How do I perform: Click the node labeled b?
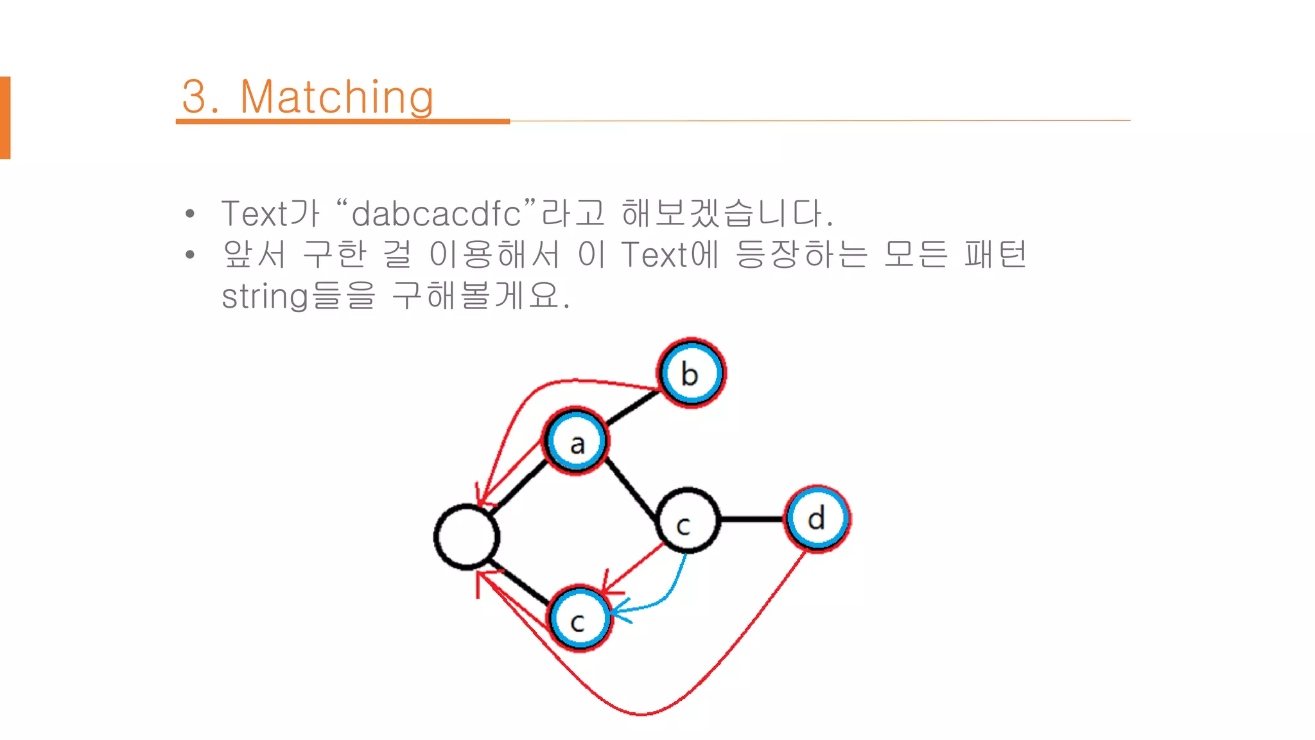point(691,373)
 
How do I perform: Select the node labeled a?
point(576,442)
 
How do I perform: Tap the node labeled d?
point(817,518)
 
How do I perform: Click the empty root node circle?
point(467,537)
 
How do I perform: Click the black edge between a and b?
point(632,408)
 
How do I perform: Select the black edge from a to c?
point(631,489)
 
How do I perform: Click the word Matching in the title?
point(336,98)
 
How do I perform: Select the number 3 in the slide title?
point(195,98)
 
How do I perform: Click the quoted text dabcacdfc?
point(437,214)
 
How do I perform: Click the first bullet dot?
point(189,214)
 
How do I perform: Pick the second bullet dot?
point(189,255)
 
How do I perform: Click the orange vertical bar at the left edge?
point(5,118)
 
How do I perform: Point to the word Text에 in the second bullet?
point(669,255)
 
